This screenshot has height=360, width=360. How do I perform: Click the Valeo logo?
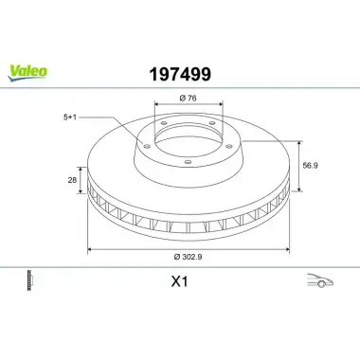coord(27,73)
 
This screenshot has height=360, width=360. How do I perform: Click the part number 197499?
coord(180,75)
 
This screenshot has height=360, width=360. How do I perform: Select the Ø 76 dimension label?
coord(188,99)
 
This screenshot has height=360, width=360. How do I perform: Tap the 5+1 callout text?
coord(70,117)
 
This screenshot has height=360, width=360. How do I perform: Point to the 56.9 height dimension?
coord(310,166)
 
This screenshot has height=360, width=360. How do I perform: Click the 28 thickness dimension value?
coord(72,180)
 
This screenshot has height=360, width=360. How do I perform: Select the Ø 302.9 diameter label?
coord(188,257)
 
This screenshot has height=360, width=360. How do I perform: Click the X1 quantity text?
coord(179,281)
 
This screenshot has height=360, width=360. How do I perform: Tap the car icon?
coord(320,280)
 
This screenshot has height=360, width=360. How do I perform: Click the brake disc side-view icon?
coord(30,280)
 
